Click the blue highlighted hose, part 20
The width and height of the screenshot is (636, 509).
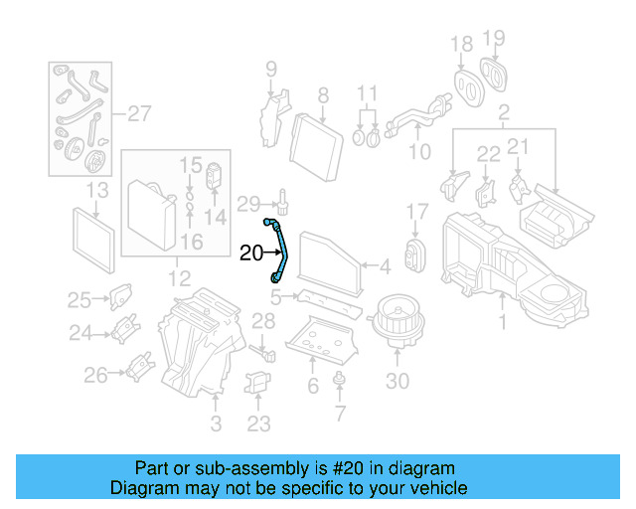(x=279, y=248)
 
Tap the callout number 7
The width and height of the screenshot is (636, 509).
(x=341, y=412)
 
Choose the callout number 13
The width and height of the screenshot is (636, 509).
(x=97, y=190)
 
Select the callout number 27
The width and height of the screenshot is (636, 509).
(x=139, y=114)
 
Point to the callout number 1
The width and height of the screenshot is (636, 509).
(x=502, y=322)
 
